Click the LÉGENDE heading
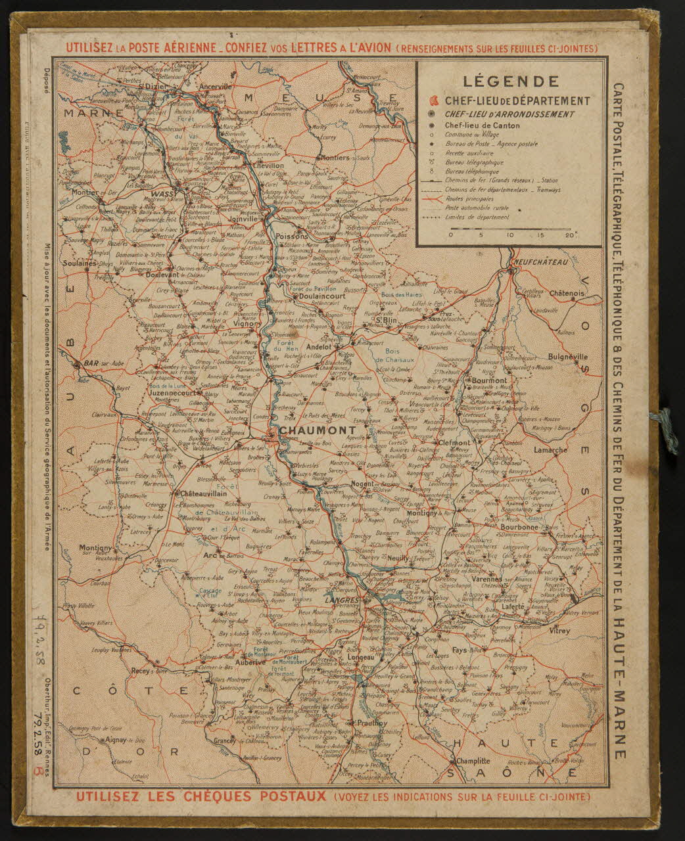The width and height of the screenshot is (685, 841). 511,81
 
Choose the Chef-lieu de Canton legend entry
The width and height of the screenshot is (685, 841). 482,125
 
